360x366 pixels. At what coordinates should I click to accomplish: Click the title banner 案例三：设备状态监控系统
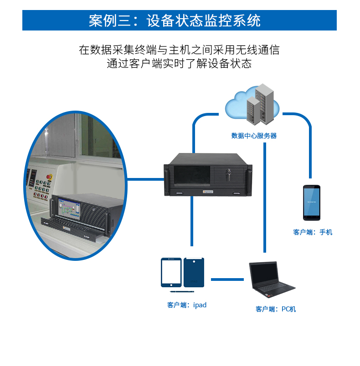(x=180, y=20)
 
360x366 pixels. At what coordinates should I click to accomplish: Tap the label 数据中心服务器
(x=253, y=136)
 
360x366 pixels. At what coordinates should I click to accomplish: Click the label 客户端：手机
(x=313, y=232)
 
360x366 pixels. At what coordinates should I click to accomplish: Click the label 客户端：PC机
(x=276, y=309)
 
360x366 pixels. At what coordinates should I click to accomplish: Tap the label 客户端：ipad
(x=187, y=305)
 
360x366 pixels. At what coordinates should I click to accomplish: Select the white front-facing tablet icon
(x=171, y=272)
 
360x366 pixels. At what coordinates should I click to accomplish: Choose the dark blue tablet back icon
(x=194, y=272)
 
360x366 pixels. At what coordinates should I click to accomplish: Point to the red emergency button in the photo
(x=51, y=175)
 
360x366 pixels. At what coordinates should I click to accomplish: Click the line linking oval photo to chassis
(x=145, y=179)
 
